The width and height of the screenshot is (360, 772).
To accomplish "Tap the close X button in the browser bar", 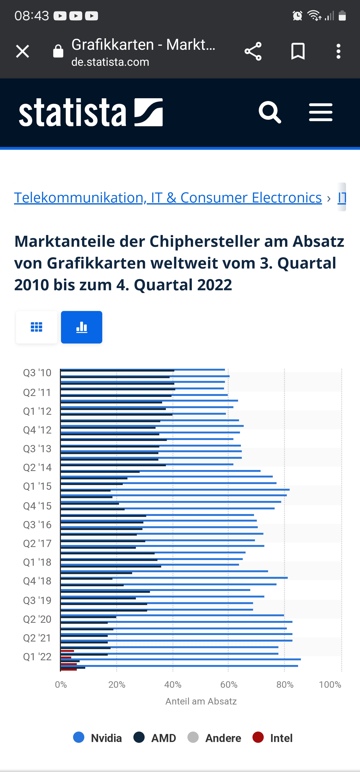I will tap(22, 51).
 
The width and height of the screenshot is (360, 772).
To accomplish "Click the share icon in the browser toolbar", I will tap(253, 51).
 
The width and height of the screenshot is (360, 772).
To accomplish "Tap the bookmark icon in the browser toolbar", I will tap(298, 51).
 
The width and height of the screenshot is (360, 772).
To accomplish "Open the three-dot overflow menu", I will tap(338, 51).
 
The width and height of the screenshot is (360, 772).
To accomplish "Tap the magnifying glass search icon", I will tap(270, 112).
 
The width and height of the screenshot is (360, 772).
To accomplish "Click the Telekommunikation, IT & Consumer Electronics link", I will tap(168, 197).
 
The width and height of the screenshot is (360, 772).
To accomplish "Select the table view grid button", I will tap(36, 327).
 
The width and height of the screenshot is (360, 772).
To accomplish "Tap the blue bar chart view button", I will tap(81, 327).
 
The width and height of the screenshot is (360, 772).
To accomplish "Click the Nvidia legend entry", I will tap(98, 738).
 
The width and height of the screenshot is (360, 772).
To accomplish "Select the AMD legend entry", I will tap(155, 738).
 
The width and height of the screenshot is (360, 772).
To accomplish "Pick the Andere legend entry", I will tap(214, 738).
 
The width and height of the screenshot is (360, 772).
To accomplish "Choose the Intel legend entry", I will tap(273, 738).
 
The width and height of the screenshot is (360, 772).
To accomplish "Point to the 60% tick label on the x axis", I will tap(229, 685).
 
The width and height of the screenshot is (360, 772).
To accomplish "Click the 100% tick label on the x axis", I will tap(330, 685).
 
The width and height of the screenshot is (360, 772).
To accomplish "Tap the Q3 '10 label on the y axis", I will tap(37, 373).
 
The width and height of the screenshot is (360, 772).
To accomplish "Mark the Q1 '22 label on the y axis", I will tap(37, 656).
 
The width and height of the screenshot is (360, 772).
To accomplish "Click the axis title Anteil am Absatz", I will tap(201, 701).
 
